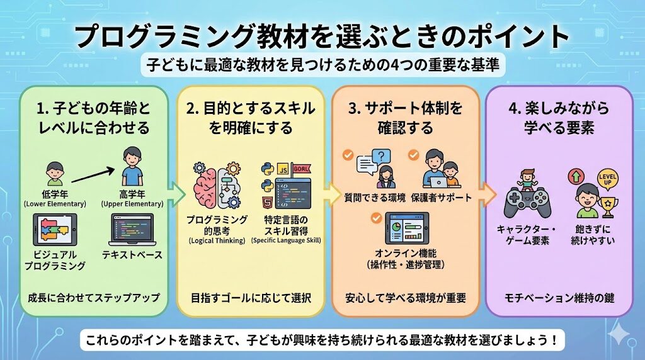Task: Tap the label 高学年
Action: pos(132,194)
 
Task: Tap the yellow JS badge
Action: pos(283,170)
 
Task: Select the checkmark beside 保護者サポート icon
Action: pos(414,155)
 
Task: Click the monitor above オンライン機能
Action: pos(406,228)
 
